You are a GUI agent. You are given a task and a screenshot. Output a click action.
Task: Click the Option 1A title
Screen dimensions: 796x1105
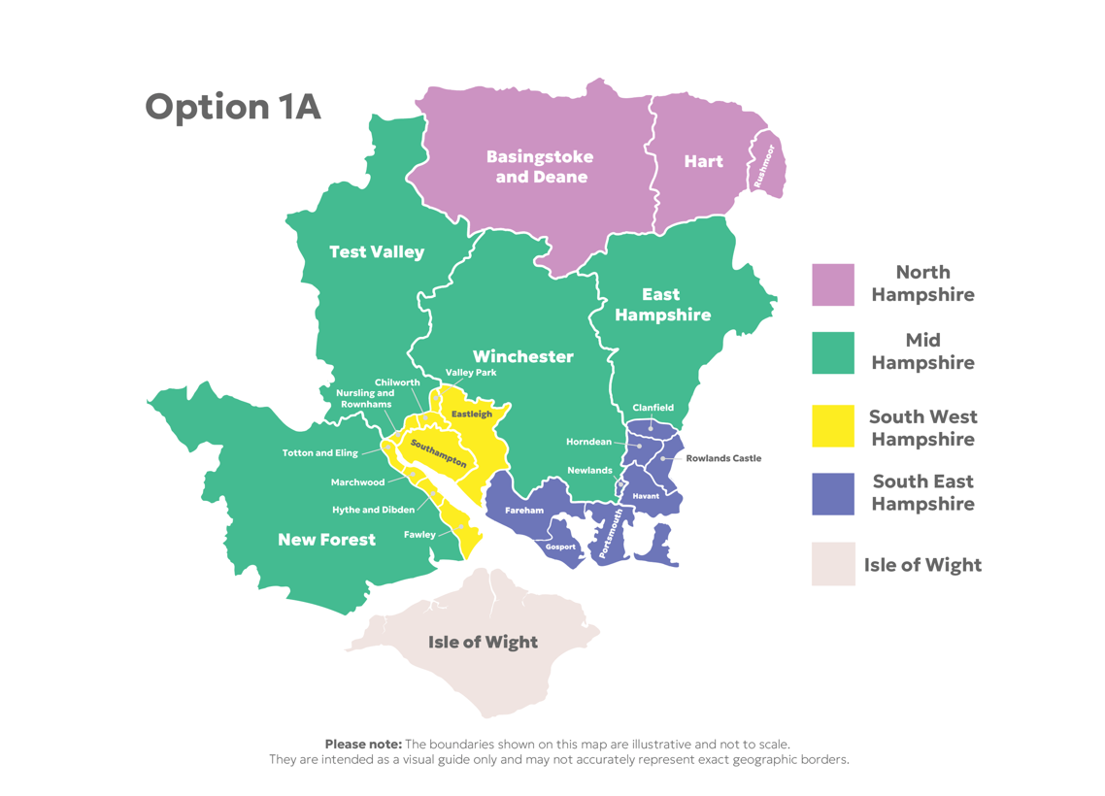coord(232,107)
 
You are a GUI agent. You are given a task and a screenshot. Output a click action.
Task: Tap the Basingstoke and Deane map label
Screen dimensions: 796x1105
coord(540,167)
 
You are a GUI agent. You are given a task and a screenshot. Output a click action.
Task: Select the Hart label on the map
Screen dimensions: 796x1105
coord(703,162)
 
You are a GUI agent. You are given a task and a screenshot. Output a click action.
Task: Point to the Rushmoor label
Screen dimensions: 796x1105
coord(764,166)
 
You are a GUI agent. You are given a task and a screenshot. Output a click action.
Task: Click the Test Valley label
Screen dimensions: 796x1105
coord(377,252)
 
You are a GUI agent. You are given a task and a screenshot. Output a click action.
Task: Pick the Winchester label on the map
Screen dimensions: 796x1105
coord(523,356)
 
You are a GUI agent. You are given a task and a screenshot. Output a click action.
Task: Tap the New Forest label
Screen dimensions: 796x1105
coord(326,540)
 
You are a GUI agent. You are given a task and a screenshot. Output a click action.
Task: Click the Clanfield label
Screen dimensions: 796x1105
coord(653,408)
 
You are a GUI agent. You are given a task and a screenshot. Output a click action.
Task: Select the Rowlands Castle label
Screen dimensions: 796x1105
coord(723,458)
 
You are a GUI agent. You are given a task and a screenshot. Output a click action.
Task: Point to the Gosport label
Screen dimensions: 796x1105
coord(560,547)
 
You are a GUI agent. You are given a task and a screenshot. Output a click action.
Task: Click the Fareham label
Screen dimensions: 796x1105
coord(524,511)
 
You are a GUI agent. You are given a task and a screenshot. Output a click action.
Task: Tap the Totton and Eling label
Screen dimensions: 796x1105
coord(319,453)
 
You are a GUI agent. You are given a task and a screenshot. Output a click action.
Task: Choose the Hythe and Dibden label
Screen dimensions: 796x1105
coord(373,510)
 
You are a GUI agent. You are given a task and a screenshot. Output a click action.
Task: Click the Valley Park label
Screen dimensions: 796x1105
coord(470,373)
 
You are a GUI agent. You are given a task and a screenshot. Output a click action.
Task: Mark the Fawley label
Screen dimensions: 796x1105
coord(419,535)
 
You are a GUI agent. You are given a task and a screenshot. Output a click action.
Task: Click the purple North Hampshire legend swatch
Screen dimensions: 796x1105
coord(833,284)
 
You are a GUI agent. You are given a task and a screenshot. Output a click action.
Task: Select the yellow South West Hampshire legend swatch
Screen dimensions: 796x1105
coord(833,426)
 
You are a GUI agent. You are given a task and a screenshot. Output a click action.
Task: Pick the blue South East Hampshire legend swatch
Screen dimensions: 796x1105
coord(833,494)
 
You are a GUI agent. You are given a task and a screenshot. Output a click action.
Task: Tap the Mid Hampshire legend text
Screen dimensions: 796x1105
coord(922,351)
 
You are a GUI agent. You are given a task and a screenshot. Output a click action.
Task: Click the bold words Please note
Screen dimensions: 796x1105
coord(363,744)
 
